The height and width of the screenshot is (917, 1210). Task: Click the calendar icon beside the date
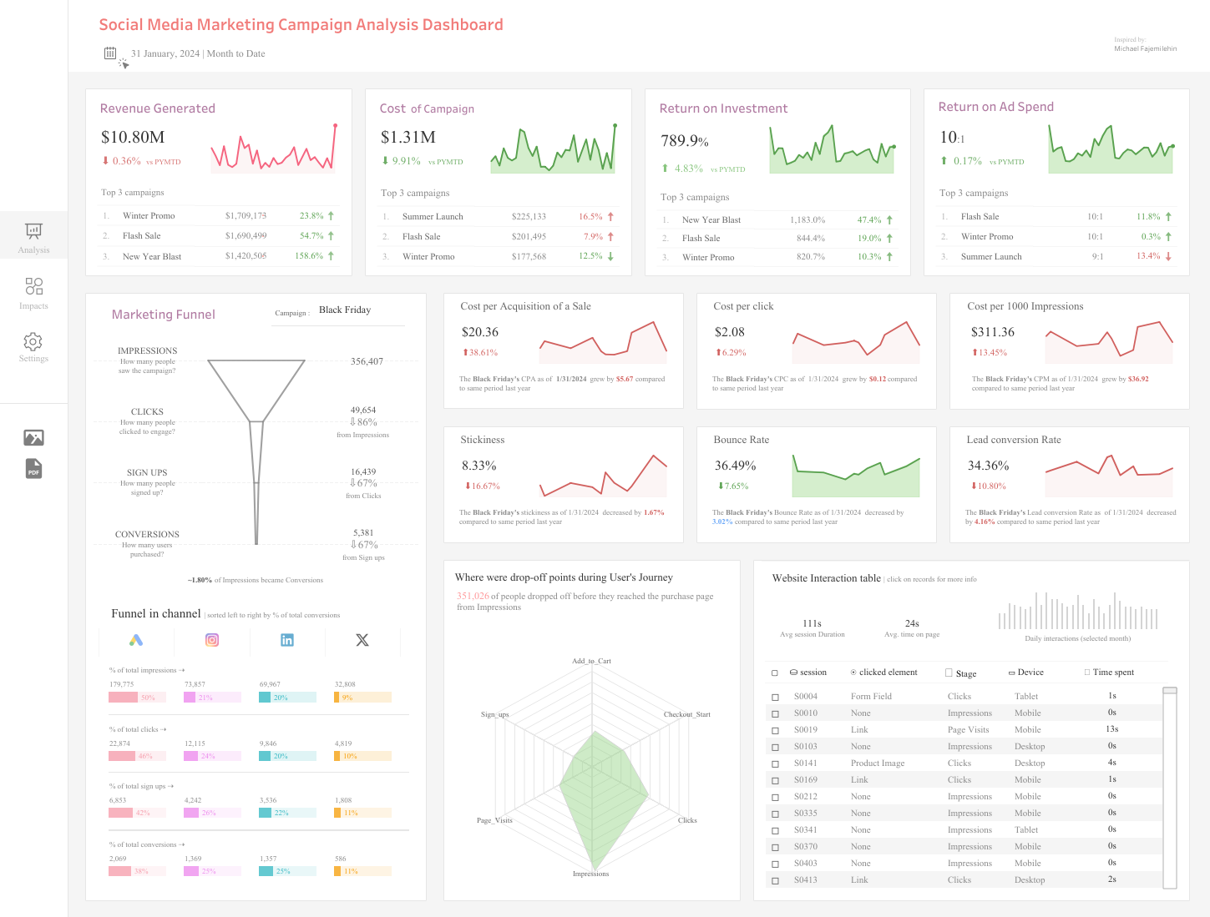click(x=110, y=53)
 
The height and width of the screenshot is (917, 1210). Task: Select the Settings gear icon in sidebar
click(x=33, y=341)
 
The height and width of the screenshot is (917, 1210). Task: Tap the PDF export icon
click(x=33, y=469)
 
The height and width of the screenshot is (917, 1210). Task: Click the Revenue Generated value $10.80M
click(x=133, y=138)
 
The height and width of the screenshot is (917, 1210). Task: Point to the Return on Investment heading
click(x=723, y=108)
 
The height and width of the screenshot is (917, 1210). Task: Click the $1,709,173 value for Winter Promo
click(x=246, y=216)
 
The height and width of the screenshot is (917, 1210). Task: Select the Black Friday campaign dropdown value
click(x=345, y=310)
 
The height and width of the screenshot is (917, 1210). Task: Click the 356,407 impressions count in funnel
click(x=367, y=362)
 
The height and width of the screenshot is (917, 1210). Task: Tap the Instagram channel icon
click(x=212, y=640)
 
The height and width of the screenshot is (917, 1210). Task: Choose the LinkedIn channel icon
click(x=287, y=640)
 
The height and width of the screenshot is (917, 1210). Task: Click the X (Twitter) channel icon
click(x=362, y=640)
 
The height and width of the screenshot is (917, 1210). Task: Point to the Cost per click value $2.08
click(x=729, y=332)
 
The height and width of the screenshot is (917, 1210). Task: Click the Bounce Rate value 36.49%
click(x=735, y=466)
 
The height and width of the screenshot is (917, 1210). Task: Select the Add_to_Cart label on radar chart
click(x=591, y=661)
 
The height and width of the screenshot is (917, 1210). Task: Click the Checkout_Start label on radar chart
click(x=686, y=714)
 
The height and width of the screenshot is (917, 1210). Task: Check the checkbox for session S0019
click(x=775, y=730)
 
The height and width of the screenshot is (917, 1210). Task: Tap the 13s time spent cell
click(x=1111, y=729)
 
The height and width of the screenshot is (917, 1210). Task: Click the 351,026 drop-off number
click(x=473, y=597)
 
